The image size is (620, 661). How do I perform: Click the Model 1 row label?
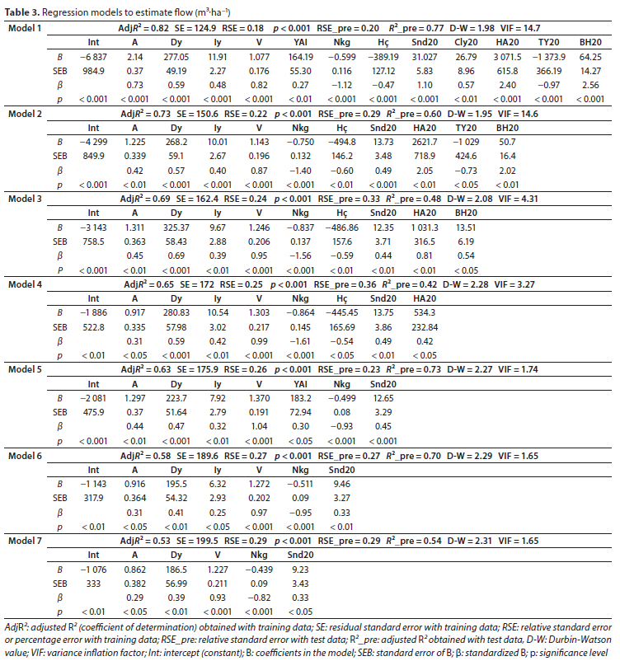tap(25, 28)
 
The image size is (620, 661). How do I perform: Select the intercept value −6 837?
tap(92, 56)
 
